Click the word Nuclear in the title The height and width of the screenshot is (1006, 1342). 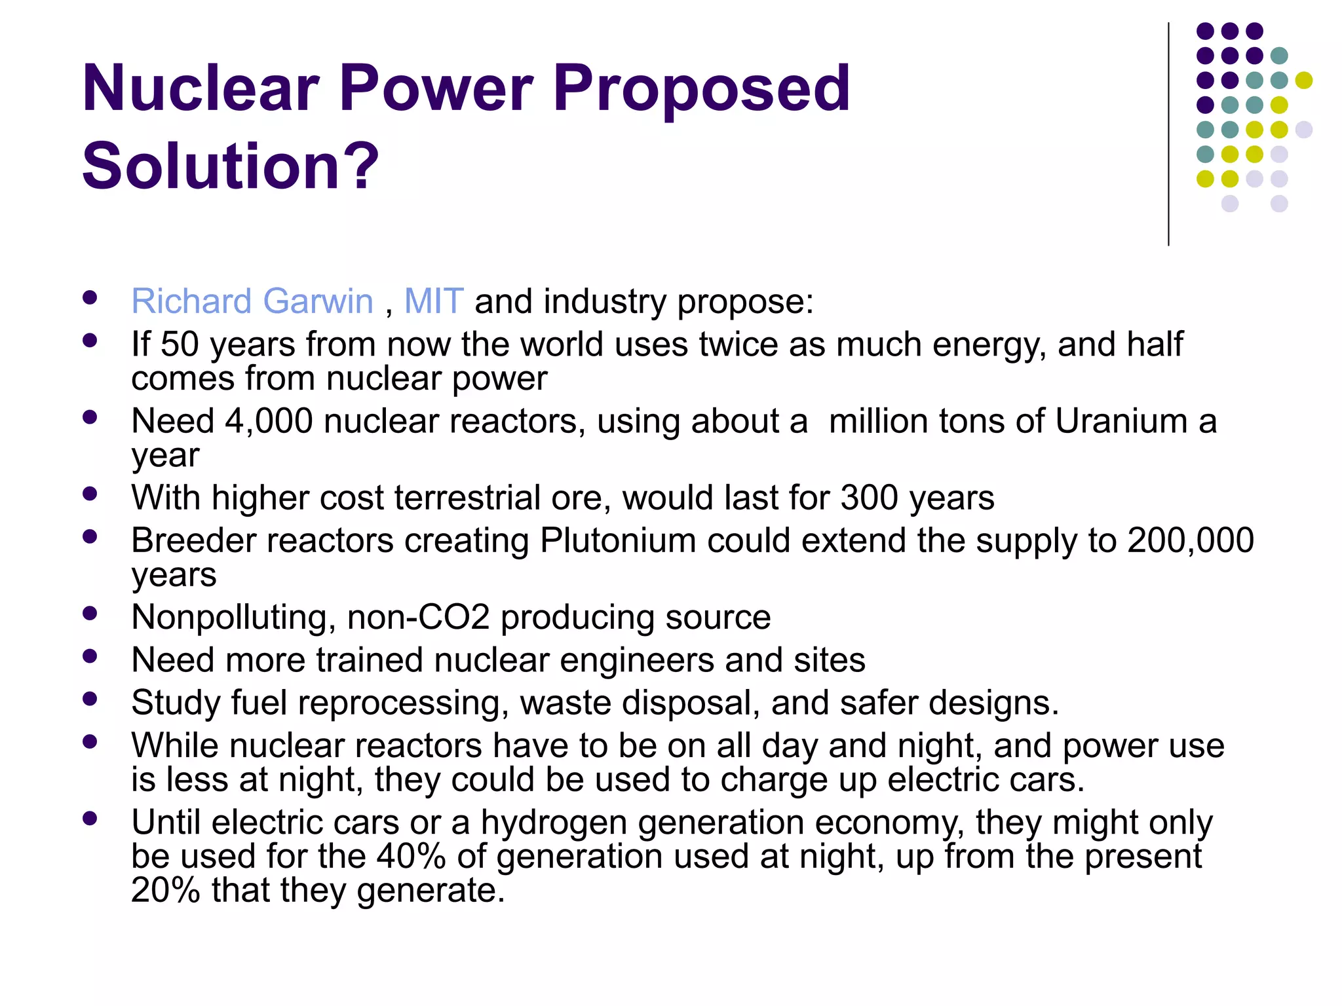201,88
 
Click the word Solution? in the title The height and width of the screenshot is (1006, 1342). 231,166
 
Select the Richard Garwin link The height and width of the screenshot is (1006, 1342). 252,301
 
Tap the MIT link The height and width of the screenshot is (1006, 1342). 434,301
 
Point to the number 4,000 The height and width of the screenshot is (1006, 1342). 269,420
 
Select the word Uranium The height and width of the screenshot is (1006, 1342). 1121,420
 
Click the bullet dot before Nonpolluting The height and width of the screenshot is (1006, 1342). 90,613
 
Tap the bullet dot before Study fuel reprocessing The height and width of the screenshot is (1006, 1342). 90,699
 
